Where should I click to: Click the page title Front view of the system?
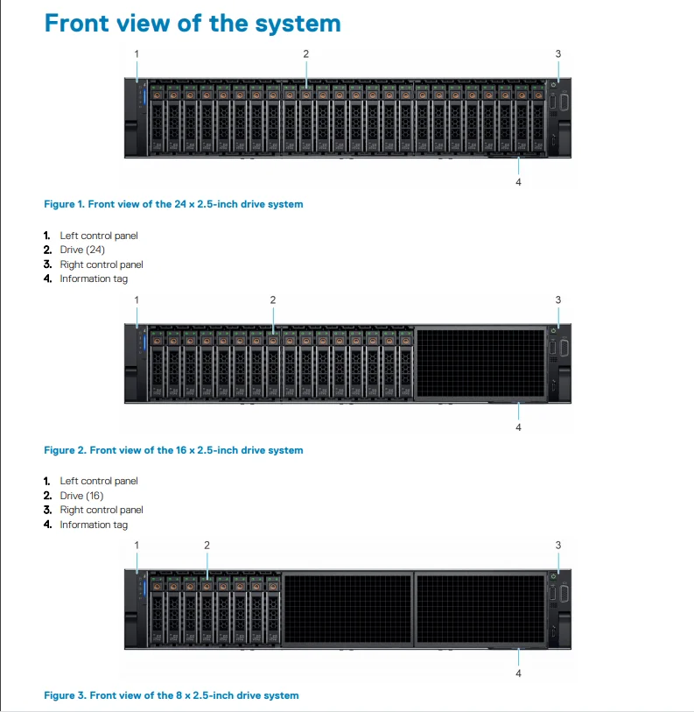193,23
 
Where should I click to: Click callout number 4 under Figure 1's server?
518,181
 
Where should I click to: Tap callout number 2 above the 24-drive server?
306,53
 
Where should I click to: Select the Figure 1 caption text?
173,204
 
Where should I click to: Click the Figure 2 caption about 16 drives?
173,450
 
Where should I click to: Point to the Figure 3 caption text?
171,695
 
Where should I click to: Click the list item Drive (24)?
82,250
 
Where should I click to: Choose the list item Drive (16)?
82,496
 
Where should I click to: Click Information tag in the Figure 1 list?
94,278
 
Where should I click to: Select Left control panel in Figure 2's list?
98,481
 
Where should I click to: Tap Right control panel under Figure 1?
101,264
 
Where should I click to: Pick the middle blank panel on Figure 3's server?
348,610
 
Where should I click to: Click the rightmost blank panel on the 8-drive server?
480,610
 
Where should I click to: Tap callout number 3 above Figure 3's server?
558,545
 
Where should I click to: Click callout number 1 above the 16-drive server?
137,300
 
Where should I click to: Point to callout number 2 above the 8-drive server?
207,545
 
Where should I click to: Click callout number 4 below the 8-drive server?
518,673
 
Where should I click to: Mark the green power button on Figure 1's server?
554,85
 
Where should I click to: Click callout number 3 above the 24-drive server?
558,53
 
